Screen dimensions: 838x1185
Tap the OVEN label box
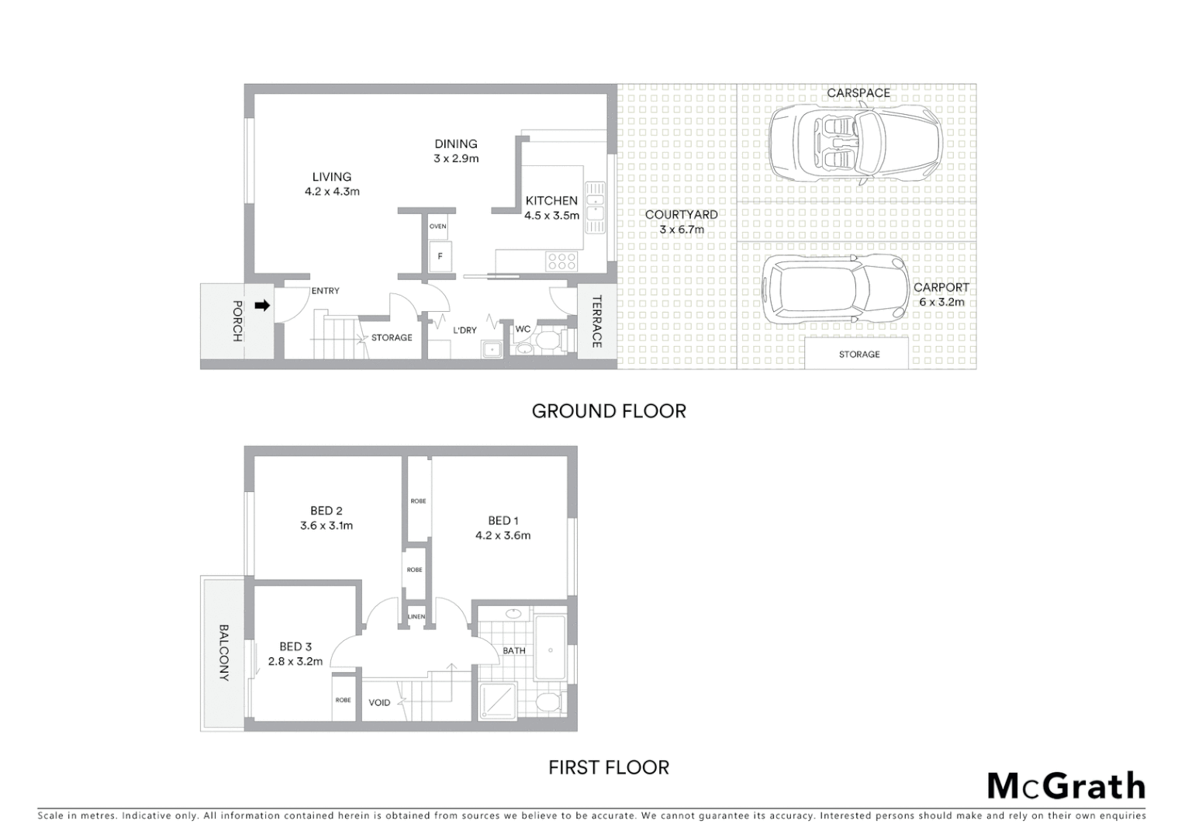coord(438,227)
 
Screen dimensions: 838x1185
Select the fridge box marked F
coord(440,256)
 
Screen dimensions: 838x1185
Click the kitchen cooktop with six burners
coord(561,261)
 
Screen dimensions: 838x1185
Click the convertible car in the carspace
coord(855,144)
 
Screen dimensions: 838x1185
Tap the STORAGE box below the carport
coord(859,354)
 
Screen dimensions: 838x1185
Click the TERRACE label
coord(596,321)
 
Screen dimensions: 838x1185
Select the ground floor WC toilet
coord(549,341)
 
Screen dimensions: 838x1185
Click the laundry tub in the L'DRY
coord(492,350)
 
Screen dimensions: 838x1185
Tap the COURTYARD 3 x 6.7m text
coord(681,222)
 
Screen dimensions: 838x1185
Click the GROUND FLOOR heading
coord(609,411)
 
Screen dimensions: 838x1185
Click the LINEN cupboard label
coord(416,617)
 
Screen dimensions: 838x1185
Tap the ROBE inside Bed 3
coord(343,700)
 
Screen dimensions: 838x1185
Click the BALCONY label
coord(224,653)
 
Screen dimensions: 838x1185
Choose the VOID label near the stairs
coord(379,703)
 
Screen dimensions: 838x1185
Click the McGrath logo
coord(1066,787)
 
